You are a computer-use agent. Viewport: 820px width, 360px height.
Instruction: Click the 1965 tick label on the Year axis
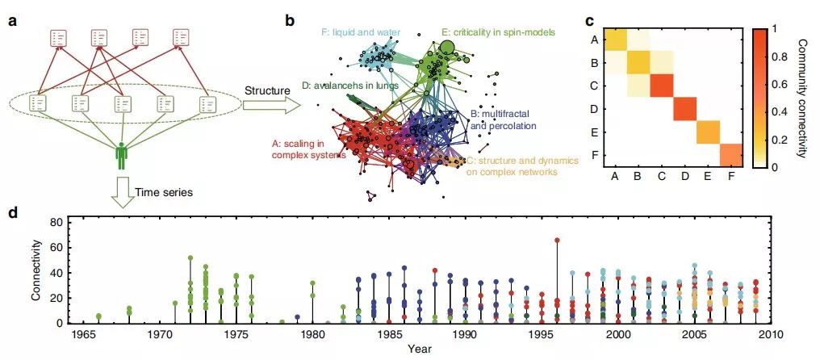pos(81,333)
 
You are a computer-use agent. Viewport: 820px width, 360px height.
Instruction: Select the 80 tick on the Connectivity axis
pos(56,222)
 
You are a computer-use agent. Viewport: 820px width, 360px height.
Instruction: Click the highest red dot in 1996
pos(557,240)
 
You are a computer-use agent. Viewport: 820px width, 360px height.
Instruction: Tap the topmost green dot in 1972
pos(190,258)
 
